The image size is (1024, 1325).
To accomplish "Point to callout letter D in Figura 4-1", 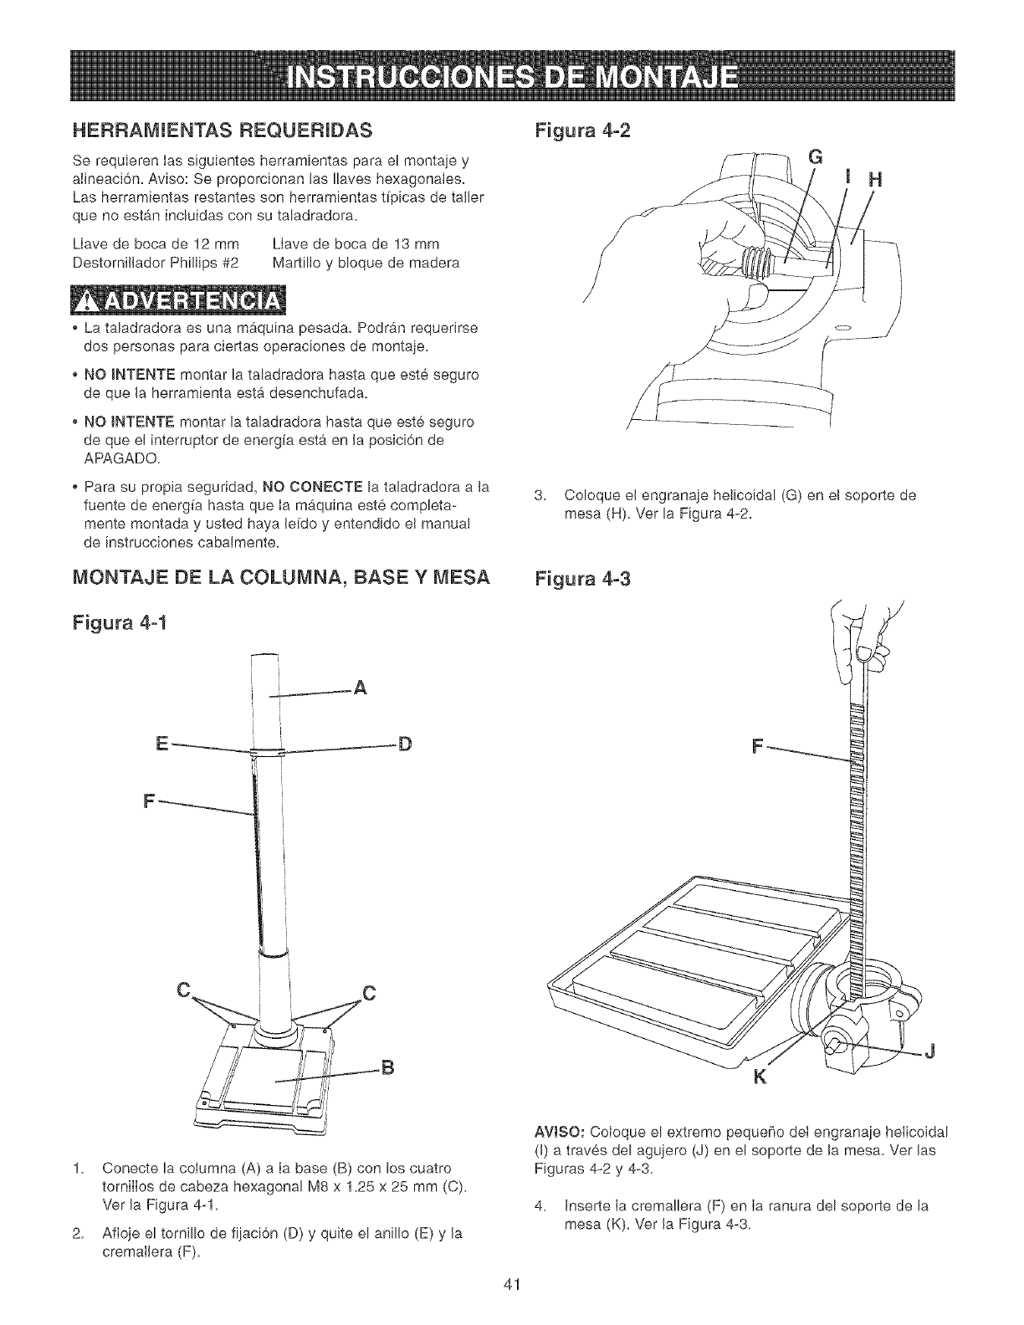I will (x=405, y=744).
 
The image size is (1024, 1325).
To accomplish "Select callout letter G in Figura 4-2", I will (x=817, y=156).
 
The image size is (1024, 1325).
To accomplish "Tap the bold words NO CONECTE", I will (x=312, y=487).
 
